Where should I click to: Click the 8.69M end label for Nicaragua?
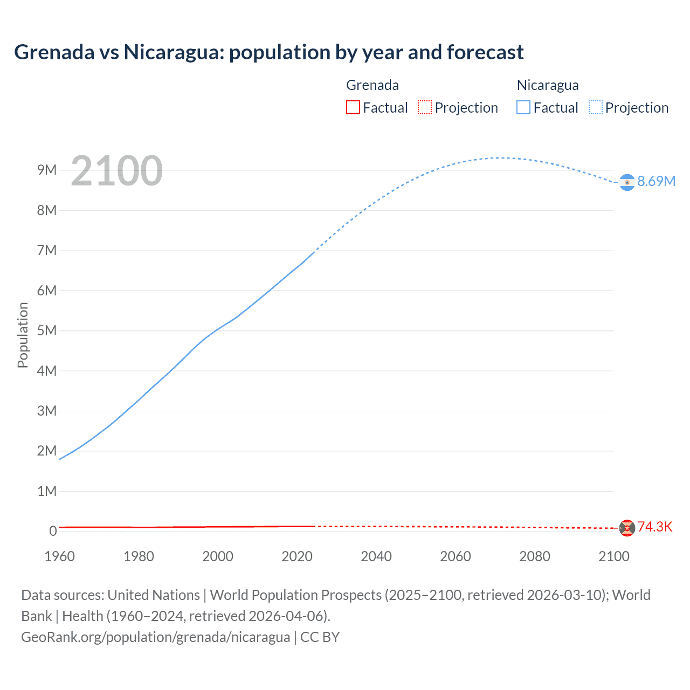656,181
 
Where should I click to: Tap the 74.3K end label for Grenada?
655,527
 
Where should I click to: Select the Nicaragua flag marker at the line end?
627,183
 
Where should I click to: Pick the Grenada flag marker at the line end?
627,528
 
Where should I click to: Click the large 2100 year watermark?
116,171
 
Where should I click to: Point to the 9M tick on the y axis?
47,170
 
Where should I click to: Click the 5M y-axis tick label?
47,330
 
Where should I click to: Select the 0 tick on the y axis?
53,531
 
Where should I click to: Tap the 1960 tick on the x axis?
59,556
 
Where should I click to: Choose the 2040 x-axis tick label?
376,556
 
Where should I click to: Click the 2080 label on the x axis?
535,556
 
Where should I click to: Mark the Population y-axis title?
23,335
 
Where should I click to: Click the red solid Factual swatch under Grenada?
353,107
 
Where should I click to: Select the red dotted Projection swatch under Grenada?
425,107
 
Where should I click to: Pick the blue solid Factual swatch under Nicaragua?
523,107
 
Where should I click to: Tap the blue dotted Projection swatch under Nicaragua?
596,107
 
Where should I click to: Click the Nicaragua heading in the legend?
548,85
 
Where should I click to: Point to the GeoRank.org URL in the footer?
156,637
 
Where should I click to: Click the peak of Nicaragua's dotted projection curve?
501,158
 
